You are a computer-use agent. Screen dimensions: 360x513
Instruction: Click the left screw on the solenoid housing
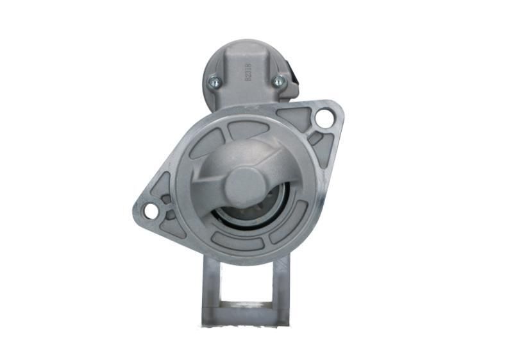(x=214, y=81)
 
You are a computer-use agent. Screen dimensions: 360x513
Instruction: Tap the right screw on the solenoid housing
(x=278, y=81)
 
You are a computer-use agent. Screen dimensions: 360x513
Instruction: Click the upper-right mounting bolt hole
(x=324, y=118)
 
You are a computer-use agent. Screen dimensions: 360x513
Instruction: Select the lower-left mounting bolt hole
(x=151, y=210)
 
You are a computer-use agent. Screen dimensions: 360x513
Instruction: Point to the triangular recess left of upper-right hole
(x=296, y=117)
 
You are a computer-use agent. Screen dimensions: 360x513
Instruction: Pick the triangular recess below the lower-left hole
(x=172, y=226)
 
